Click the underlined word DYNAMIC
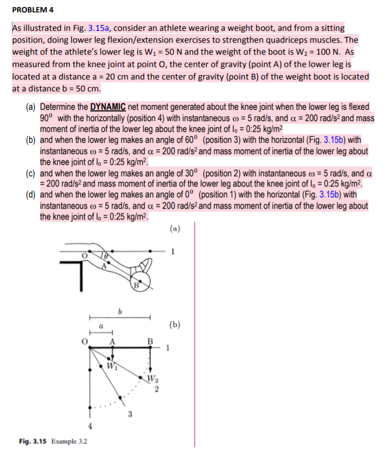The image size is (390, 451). [107, 107]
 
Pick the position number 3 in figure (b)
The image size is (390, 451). [130, 415]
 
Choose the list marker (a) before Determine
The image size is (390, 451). [31, 107]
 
